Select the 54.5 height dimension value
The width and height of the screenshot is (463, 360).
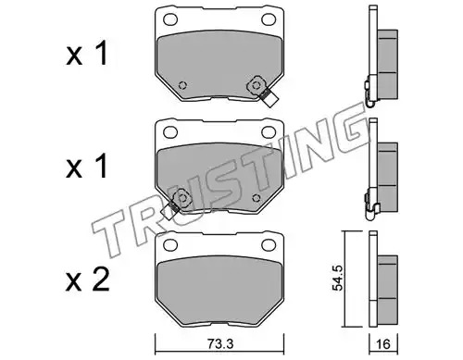[338, 279]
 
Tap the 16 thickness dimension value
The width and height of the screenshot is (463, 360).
[383, 343]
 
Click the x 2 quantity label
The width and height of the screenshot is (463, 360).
[88, 279]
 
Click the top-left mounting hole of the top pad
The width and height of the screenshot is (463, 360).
[170, 19]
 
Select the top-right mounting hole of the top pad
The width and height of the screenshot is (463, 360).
[269, 19]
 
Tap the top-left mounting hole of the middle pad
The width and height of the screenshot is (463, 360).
[170, 132]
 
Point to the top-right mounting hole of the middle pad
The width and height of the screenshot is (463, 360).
[269, 132]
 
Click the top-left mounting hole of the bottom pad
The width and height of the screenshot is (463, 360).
[170, 245]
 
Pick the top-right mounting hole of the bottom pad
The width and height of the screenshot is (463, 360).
[269, 245]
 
